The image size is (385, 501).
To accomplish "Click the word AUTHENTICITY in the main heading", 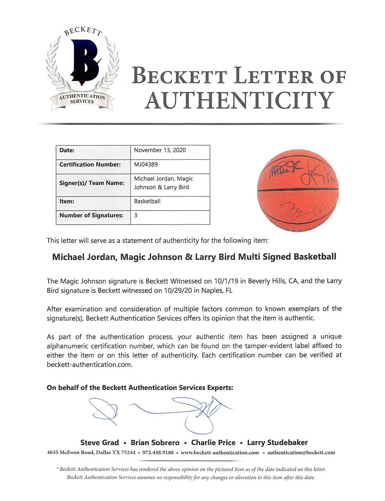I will (239, 101).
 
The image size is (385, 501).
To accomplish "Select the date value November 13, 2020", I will (160, 150).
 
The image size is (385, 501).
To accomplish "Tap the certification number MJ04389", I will (146, 165).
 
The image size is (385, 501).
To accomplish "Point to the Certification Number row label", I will (90, 165).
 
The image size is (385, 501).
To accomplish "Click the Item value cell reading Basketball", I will (147, 201).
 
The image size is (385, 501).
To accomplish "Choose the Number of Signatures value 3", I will (136, 215).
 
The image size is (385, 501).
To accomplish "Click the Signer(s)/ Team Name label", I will (92, 183).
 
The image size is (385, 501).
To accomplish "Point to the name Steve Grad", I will (99, 443).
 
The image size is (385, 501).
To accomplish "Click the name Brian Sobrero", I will (155, 443).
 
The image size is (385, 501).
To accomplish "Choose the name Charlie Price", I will (213, 443).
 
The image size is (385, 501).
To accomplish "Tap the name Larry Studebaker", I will (277, 443).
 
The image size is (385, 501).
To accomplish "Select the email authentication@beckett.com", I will (301, 453).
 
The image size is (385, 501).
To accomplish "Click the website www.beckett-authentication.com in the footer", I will (220, 453).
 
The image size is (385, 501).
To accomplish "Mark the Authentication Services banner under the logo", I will (82, 99).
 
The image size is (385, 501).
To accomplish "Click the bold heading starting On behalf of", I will (140, 388).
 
